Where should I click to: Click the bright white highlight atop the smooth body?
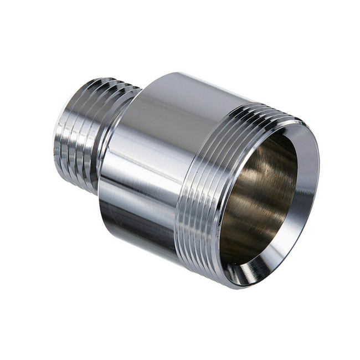coord(166,89)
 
